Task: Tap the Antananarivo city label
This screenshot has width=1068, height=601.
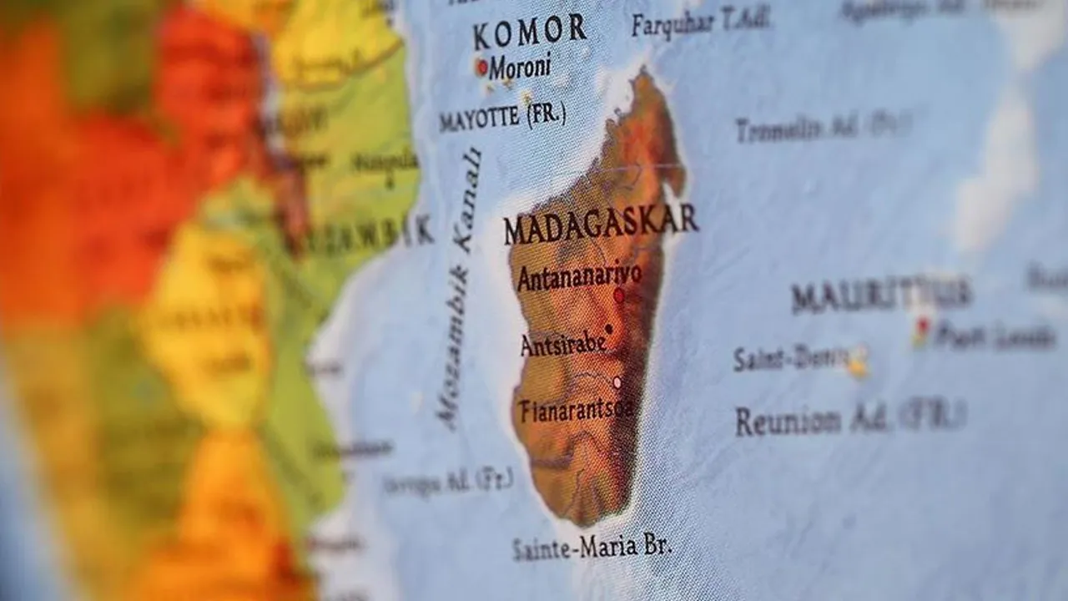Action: tap(579, 276)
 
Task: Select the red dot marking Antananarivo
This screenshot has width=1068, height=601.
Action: tap(619, 295)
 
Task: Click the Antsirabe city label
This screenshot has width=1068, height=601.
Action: tap(562, 343)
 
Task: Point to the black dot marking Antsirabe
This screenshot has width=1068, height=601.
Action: tap(609, 329)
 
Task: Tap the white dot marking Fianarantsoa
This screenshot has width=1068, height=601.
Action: tap(617, 382)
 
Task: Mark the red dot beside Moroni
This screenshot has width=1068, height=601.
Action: tap(481, 66)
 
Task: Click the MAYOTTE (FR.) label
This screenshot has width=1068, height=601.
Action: tap(502, 116)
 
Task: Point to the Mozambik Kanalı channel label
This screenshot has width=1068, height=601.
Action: tap(460, 288)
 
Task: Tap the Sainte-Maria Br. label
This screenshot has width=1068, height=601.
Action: tap(592, 548)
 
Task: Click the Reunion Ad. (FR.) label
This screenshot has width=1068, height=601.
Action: tap(849, 418)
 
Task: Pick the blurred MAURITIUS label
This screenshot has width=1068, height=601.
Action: tap(881, 295)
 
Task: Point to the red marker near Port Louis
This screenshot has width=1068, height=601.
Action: tap(922, 326)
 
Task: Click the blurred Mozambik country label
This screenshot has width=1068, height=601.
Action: tap(359, 235)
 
